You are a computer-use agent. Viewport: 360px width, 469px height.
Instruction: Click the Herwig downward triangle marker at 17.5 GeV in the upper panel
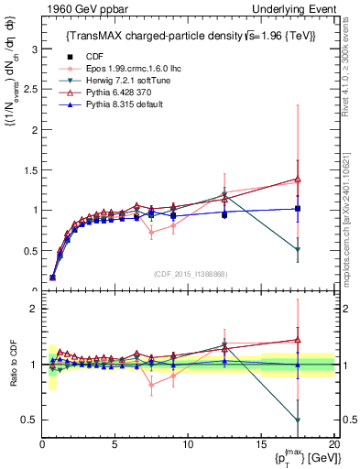298,250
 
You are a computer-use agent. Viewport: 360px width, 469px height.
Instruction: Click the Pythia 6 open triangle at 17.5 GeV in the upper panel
298,179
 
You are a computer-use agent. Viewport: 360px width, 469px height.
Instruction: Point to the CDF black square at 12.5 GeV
224,215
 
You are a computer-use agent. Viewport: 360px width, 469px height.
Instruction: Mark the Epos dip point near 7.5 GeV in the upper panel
151,233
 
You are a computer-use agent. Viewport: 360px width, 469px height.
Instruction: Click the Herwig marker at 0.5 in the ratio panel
298,420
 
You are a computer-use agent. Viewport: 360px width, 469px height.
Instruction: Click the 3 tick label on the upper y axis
32,49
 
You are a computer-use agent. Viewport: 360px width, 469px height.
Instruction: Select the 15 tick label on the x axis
260,446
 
